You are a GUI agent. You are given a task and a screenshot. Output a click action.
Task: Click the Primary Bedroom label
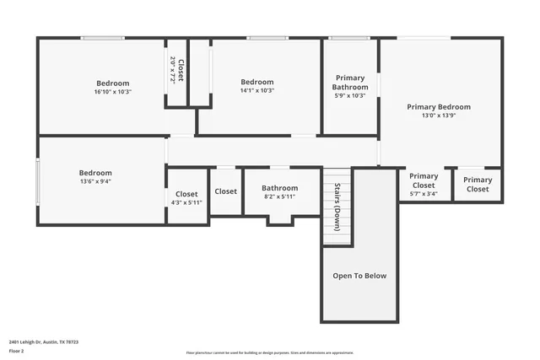pyautogui.click(x=439, y=107)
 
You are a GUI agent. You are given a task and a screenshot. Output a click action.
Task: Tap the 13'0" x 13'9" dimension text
pyautogui.click(x=439, y=116)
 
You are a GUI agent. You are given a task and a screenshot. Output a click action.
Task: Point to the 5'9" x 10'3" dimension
pyautogui.click(x=350, y=96)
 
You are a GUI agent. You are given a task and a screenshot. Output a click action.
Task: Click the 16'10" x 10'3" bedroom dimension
pyautogui.click(x=112, y=92)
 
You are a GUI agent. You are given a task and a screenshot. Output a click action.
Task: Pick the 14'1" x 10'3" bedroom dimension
pyautogui.click(x=257, y=91)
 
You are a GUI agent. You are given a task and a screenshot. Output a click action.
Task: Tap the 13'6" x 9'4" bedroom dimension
pyautogui.click(x=95, y=181)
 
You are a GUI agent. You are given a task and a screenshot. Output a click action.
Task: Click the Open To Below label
pyautogui.click(x=359, y=276)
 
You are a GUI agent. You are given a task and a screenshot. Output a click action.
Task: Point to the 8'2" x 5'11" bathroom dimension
pyautogui.click(x=279, y=197)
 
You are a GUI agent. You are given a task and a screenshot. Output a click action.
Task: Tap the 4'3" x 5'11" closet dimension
pyautogui.click(x=186, y=202)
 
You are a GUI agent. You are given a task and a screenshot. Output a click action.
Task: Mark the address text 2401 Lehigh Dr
pyautogui.click(x=43, y=342)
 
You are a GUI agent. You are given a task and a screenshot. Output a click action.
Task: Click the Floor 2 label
pyautogui.click(x=16, y=351)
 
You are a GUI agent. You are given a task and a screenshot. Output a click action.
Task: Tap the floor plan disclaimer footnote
pyautogui.click(x=270, y=352)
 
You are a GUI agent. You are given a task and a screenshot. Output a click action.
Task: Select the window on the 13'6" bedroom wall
pyautogui.click(x=38, y=181)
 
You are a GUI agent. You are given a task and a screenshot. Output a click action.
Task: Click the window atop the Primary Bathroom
pyautogui.click(x=348, y=38)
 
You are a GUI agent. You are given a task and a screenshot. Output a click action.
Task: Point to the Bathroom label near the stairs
pyautogui.click(x=279, y=188)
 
